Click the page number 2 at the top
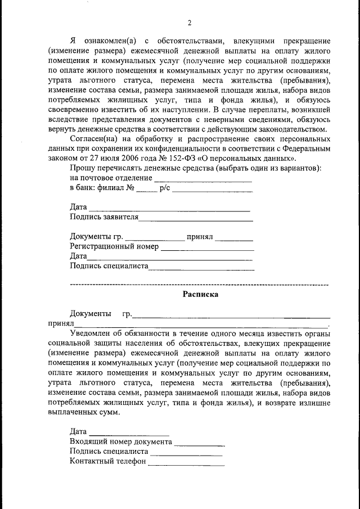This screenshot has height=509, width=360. [x=190, y=23]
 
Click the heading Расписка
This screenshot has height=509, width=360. [x=200, y=294]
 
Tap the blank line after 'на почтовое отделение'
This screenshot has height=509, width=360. [x=202, y=181]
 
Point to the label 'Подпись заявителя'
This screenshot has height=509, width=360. [x=104, y=217]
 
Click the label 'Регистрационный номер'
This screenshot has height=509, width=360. [x=114, y=246]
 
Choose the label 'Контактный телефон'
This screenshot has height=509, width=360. [x=107, y=461]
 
